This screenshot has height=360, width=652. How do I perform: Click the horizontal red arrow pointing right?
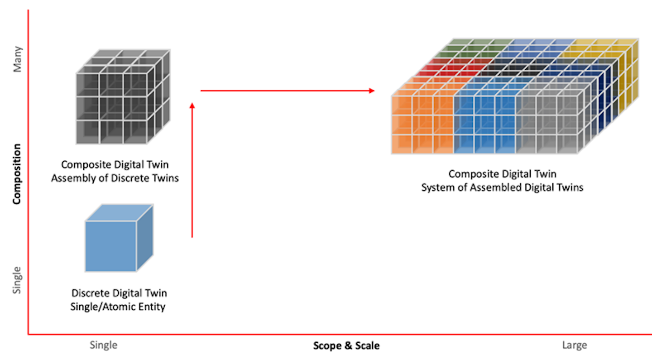coord(288,91)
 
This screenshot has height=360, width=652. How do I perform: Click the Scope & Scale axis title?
coord(346,346)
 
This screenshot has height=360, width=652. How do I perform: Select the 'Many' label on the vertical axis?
coord(17,59)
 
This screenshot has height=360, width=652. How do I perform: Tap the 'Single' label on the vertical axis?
coord(17,280)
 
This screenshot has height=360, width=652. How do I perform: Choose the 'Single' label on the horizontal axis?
coord(104,345)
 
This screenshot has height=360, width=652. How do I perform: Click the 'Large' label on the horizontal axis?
coord(575,345)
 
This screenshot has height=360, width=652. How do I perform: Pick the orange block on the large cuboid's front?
coord(422,125)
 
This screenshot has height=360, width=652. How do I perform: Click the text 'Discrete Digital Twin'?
coord(119,293)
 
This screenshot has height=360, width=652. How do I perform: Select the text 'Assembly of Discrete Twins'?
coord(115,178)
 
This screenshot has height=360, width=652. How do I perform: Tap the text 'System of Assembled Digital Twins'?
coord(502,187)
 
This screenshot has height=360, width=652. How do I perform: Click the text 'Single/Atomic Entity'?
coord(118,307)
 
